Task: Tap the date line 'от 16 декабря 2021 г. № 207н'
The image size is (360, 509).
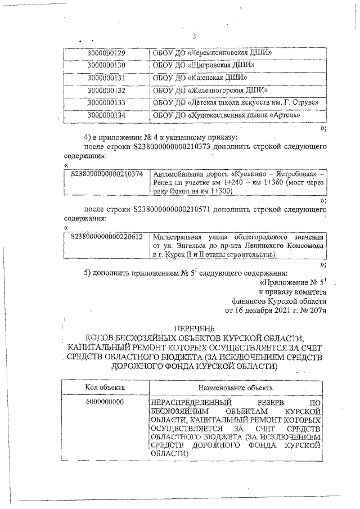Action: [274, 309]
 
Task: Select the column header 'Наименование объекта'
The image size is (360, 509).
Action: [236, 388]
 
